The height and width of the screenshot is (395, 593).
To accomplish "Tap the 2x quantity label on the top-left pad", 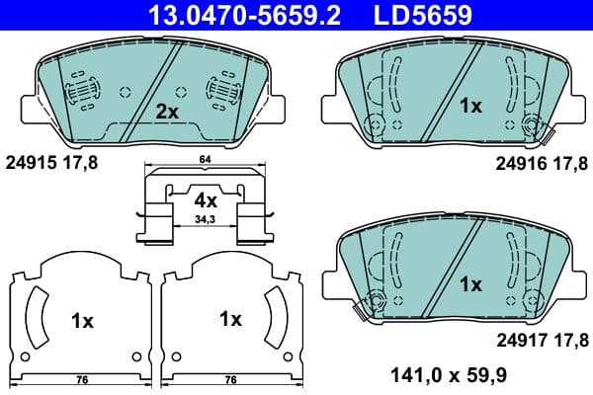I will coord(167,112).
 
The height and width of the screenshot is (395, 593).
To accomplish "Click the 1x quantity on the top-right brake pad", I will coord(470,106).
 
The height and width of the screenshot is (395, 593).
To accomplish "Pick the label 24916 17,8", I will coord(539,164).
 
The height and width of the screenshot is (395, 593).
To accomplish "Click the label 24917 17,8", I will coord(539,341).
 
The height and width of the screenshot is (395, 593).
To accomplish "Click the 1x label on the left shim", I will coord(82,320).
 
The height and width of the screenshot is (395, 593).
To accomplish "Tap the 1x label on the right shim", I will coord(230,319).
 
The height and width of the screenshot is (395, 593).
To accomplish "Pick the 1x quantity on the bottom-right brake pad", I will coord(470,283).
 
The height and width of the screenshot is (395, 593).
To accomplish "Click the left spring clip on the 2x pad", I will coord(81,91).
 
